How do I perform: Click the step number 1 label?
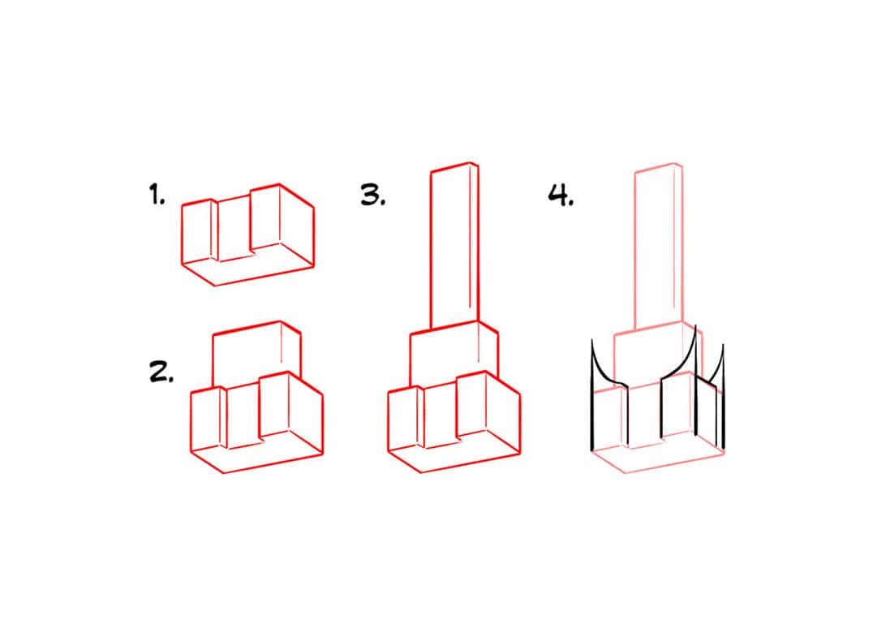[x=156, y=195]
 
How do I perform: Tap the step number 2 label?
[x=161, y=372]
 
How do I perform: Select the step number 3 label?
[x=372, y=195]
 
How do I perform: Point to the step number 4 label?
[x=560, y=195]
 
